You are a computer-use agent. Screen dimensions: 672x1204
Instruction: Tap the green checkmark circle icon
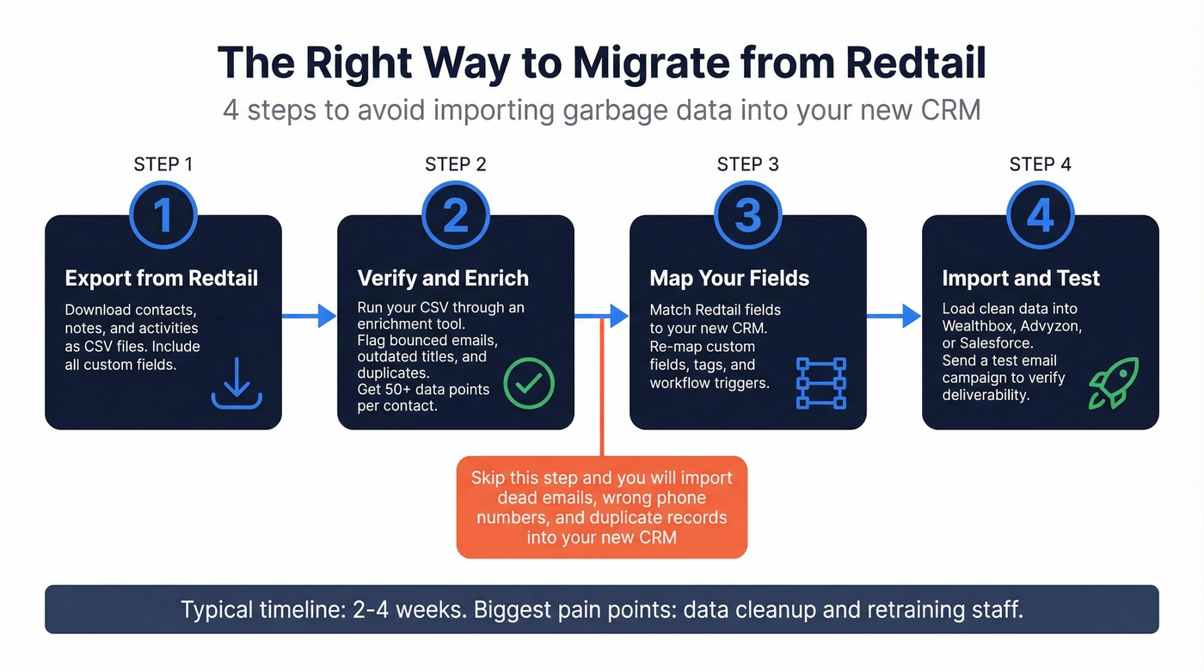point(529,384)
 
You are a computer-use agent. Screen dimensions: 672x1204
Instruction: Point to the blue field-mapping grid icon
point(821,383)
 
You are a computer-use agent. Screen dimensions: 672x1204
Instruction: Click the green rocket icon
point(1113,383)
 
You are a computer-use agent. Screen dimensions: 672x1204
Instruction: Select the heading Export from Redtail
point(162,278)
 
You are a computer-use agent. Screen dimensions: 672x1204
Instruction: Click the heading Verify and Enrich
point(443,278)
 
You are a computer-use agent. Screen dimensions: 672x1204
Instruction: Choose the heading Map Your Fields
point(729,278)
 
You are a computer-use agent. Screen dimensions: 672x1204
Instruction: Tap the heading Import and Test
point(1021,278)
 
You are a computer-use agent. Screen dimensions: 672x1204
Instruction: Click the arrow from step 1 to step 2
point(309,316)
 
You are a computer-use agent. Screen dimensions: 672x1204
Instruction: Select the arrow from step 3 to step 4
point(894,316)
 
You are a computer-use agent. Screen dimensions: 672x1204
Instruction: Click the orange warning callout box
point(602,508)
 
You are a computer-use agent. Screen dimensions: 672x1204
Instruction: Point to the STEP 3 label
point(747,164)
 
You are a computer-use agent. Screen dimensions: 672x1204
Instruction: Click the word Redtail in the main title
point(916,63)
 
